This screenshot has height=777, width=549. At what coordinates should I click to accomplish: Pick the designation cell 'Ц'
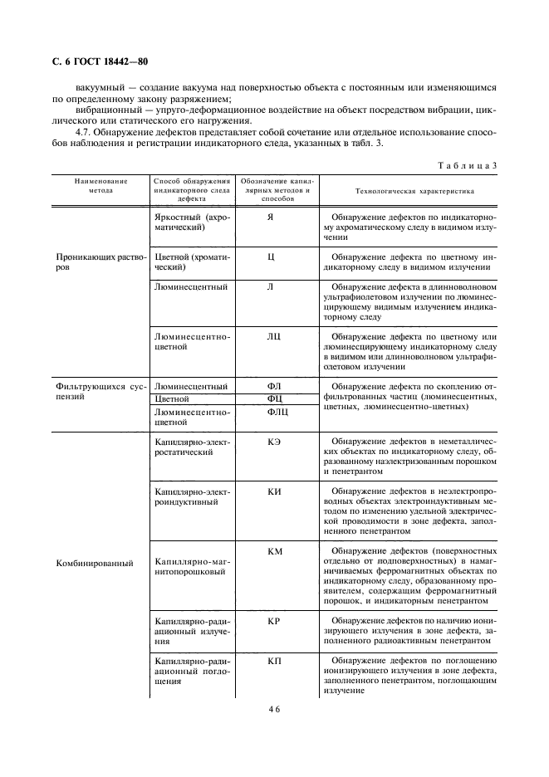(271, 257)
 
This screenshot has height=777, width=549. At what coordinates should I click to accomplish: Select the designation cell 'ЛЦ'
(271, 336)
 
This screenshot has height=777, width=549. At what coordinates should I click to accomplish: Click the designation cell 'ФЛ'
(273, 386)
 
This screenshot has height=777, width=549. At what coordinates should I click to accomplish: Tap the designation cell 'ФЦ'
(273, 398)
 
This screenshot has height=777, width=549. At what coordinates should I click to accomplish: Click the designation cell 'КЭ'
(273, 441)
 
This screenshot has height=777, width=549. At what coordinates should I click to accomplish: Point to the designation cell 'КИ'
(273, 491)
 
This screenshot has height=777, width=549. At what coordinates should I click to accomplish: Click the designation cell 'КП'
(273, 660)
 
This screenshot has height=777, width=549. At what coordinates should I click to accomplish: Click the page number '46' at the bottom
(274, 711)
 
